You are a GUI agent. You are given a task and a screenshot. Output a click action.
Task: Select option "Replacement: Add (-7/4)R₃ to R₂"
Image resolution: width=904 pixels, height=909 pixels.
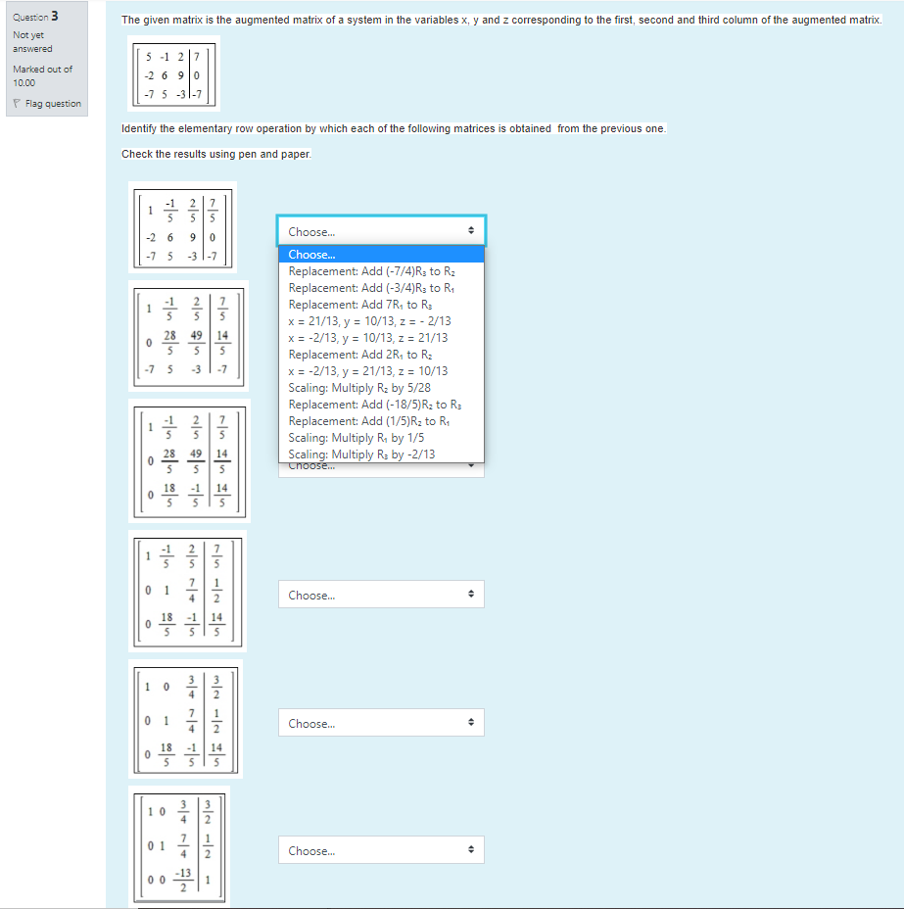[371, 271]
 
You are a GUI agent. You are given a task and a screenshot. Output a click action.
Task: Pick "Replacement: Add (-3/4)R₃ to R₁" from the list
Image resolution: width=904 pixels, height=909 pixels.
[371, 288]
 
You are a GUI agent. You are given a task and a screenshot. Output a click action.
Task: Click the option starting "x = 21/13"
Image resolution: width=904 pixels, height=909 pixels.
[369, 321]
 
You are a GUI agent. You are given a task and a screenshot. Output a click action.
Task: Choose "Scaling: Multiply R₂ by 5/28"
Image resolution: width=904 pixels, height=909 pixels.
[359, 388]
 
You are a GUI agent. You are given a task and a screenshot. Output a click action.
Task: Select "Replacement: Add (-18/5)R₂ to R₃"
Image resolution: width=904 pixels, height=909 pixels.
[374, 405]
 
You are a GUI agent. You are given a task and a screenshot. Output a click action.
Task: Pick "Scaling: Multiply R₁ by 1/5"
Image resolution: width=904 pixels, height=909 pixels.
[356, 438]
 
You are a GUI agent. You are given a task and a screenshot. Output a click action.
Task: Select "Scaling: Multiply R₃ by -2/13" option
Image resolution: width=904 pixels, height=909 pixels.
[361, 454]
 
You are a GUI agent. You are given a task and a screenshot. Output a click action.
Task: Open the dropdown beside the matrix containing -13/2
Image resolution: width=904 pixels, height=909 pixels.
[381, 851]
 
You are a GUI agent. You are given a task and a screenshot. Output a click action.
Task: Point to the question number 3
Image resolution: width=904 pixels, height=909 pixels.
[54, 16]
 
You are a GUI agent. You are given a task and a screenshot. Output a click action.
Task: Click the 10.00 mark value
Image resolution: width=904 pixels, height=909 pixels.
[24, 83]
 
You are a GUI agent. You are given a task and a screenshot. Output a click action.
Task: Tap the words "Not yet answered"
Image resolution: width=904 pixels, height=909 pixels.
[32, 42]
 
